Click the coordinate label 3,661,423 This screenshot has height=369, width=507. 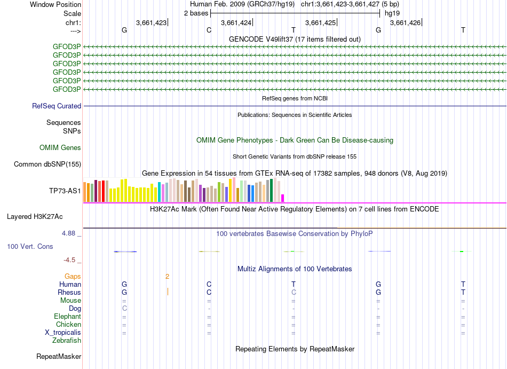coord(151,22)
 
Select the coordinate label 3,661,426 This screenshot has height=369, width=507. coord(405,22)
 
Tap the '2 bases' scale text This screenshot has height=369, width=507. coord(196,13)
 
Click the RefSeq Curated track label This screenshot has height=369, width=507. coord(57,106)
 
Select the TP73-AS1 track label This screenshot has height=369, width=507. coord(65,191)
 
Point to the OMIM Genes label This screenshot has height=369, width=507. coord(60,148)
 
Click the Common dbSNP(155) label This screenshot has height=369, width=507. coord(47,164)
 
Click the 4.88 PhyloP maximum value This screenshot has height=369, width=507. coord(70,233)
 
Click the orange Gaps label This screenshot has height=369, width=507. coord(73,277)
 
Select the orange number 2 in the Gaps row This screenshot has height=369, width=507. coord(167,277)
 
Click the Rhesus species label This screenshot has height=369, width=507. coord(69,293)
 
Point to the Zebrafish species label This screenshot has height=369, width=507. coord(67,341)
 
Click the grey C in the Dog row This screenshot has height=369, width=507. coord(124,309)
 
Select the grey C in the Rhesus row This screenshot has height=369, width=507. coord(293,293)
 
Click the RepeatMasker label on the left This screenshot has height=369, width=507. coord(59,356)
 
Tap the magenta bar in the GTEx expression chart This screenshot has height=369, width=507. coord(283,198)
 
